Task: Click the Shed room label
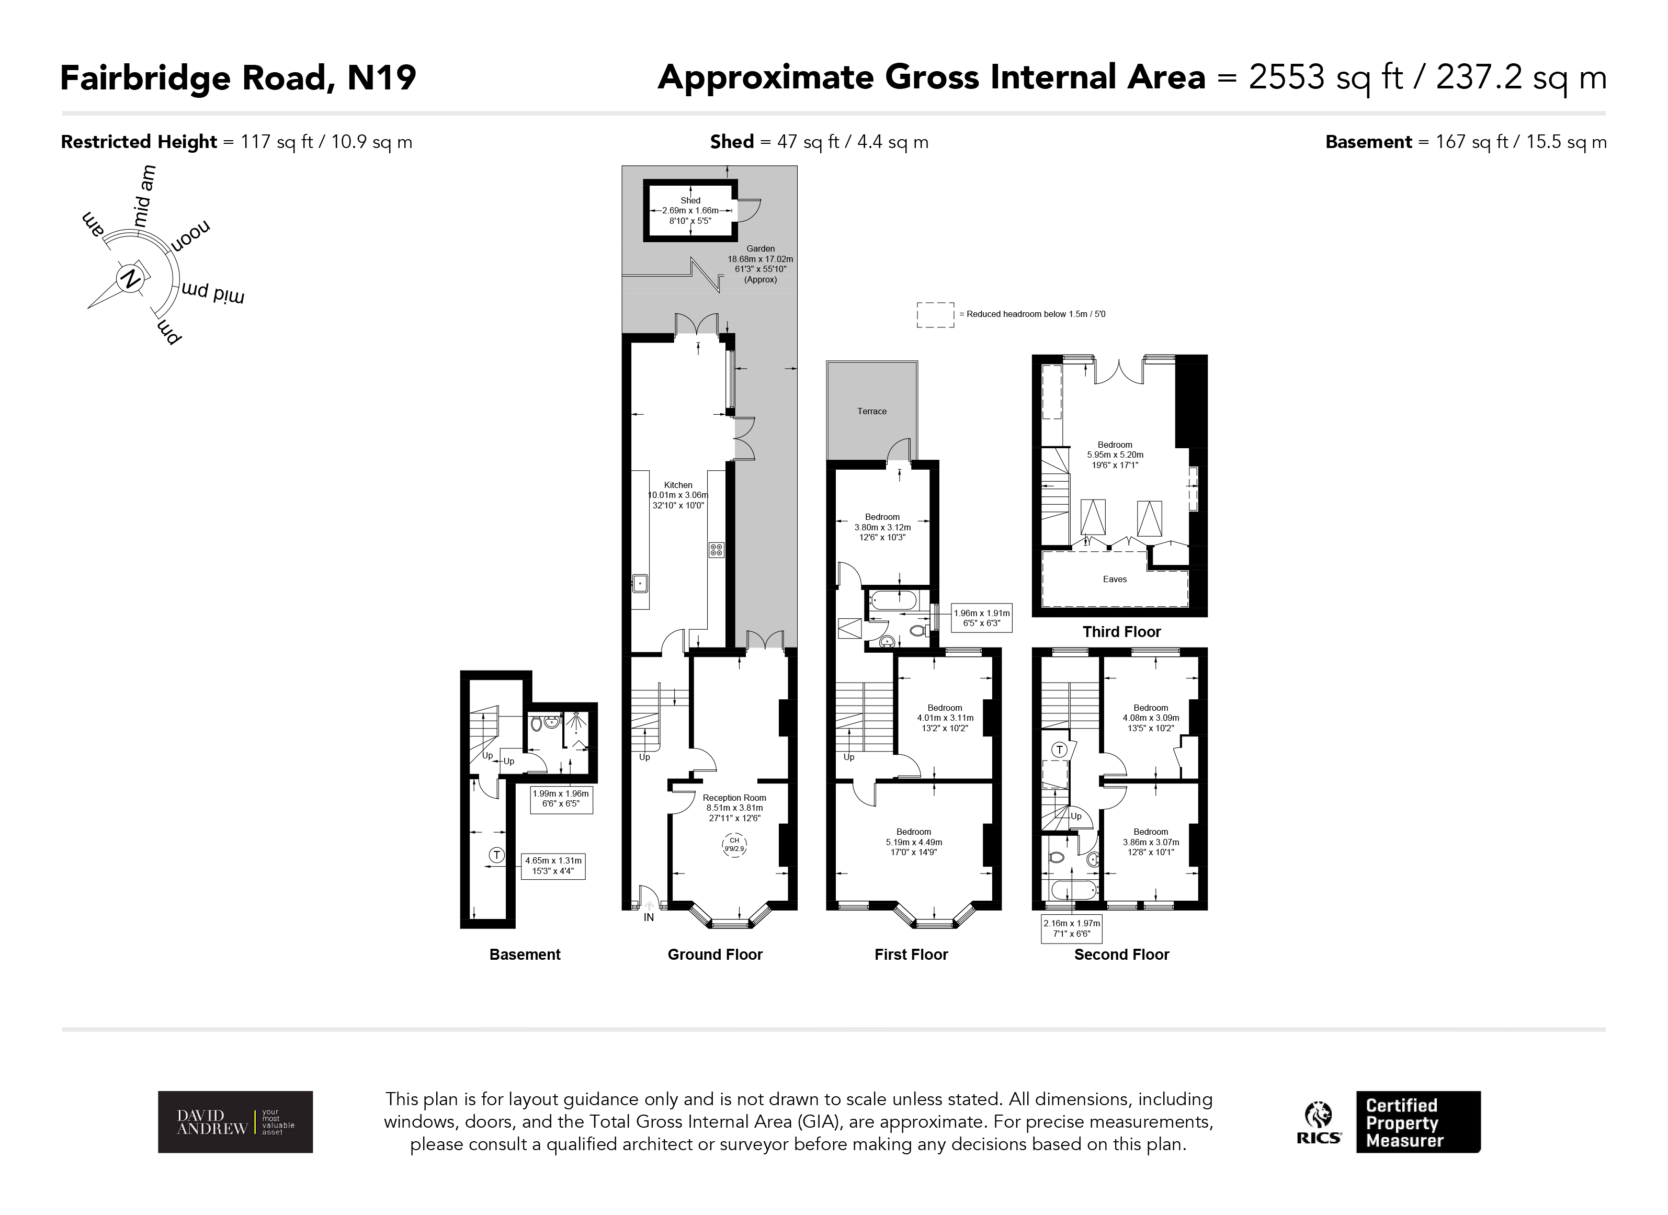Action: point(690,200)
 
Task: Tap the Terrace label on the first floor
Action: point(871,411)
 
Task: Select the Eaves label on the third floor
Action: point(1114,579)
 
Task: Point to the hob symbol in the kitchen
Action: point(716,549)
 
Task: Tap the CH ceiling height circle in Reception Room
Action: point(734,844)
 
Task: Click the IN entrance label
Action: point(649,917)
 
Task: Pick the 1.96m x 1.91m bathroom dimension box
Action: point(981,618)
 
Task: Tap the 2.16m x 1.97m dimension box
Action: point(1072,929)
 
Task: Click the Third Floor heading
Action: point(1121,632)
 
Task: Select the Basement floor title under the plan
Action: point(525,955)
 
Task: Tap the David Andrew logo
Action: point(235,1121)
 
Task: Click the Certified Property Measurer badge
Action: point(1417,1121)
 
